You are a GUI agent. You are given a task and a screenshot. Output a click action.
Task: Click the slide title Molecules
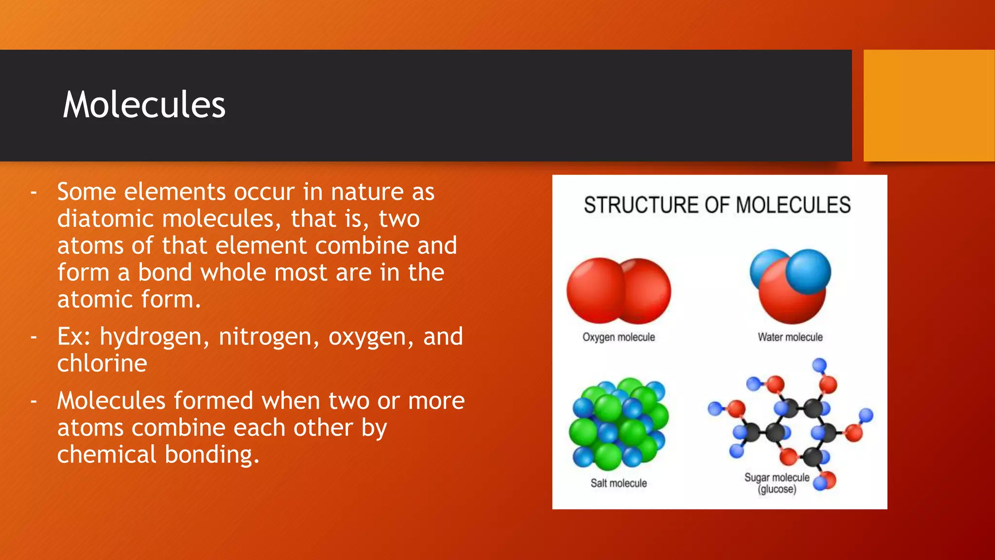point(144,105)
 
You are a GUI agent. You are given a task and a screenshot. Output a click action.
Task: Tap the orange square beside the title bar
point(928,105)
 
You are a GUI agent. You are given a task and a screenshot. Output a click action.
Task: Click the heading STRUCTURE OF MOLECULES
point(717,205)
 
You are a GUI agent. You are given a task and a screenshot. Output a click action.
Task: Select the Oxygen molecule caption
point(618,337)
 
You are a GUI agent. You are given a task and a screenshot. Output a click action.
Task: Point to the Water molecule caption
point(790,337)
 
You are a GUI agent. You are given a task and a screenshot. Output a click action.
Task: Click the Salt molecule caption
point(618,483)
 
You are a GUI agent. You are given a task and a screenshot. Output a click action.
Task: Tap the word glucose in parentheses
point(777,489)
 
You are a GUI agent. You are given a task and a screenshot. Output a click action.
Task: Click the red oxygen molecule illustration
point(618,291)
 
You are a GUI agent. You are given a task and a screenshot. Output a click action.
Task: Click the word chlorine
point(102,364)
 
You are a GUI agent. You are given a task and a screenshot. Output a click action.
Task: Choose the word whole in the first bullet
point(233,273)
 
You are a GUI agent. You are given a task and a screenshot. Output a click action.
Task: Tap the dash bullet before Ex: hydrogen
point(34,337)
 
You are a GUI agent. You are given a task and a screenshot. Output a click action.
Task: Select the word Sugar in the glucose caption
point(756,478)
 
